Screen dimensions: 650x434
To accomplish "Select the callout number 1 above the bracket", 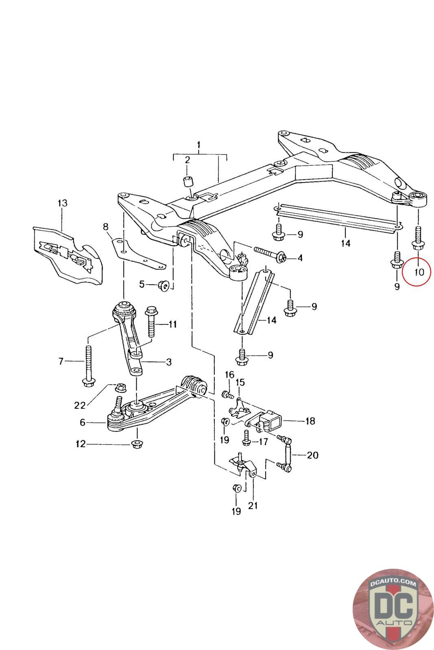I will click(x=198, y=145).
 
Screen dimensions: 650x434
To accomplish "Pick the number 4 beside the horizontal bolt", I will click(x=300, y=258).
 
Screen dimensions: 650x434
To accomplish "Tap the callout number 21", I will click(x=253, y=506).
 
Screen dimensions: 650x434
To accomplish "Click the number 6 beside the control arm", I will click(x=83, y=422).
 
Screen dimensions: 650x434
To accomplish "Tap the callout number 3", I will click(x=168, y=361).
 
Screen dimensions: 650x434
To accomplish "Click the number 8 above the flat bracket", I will click(x=106, y=226).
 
